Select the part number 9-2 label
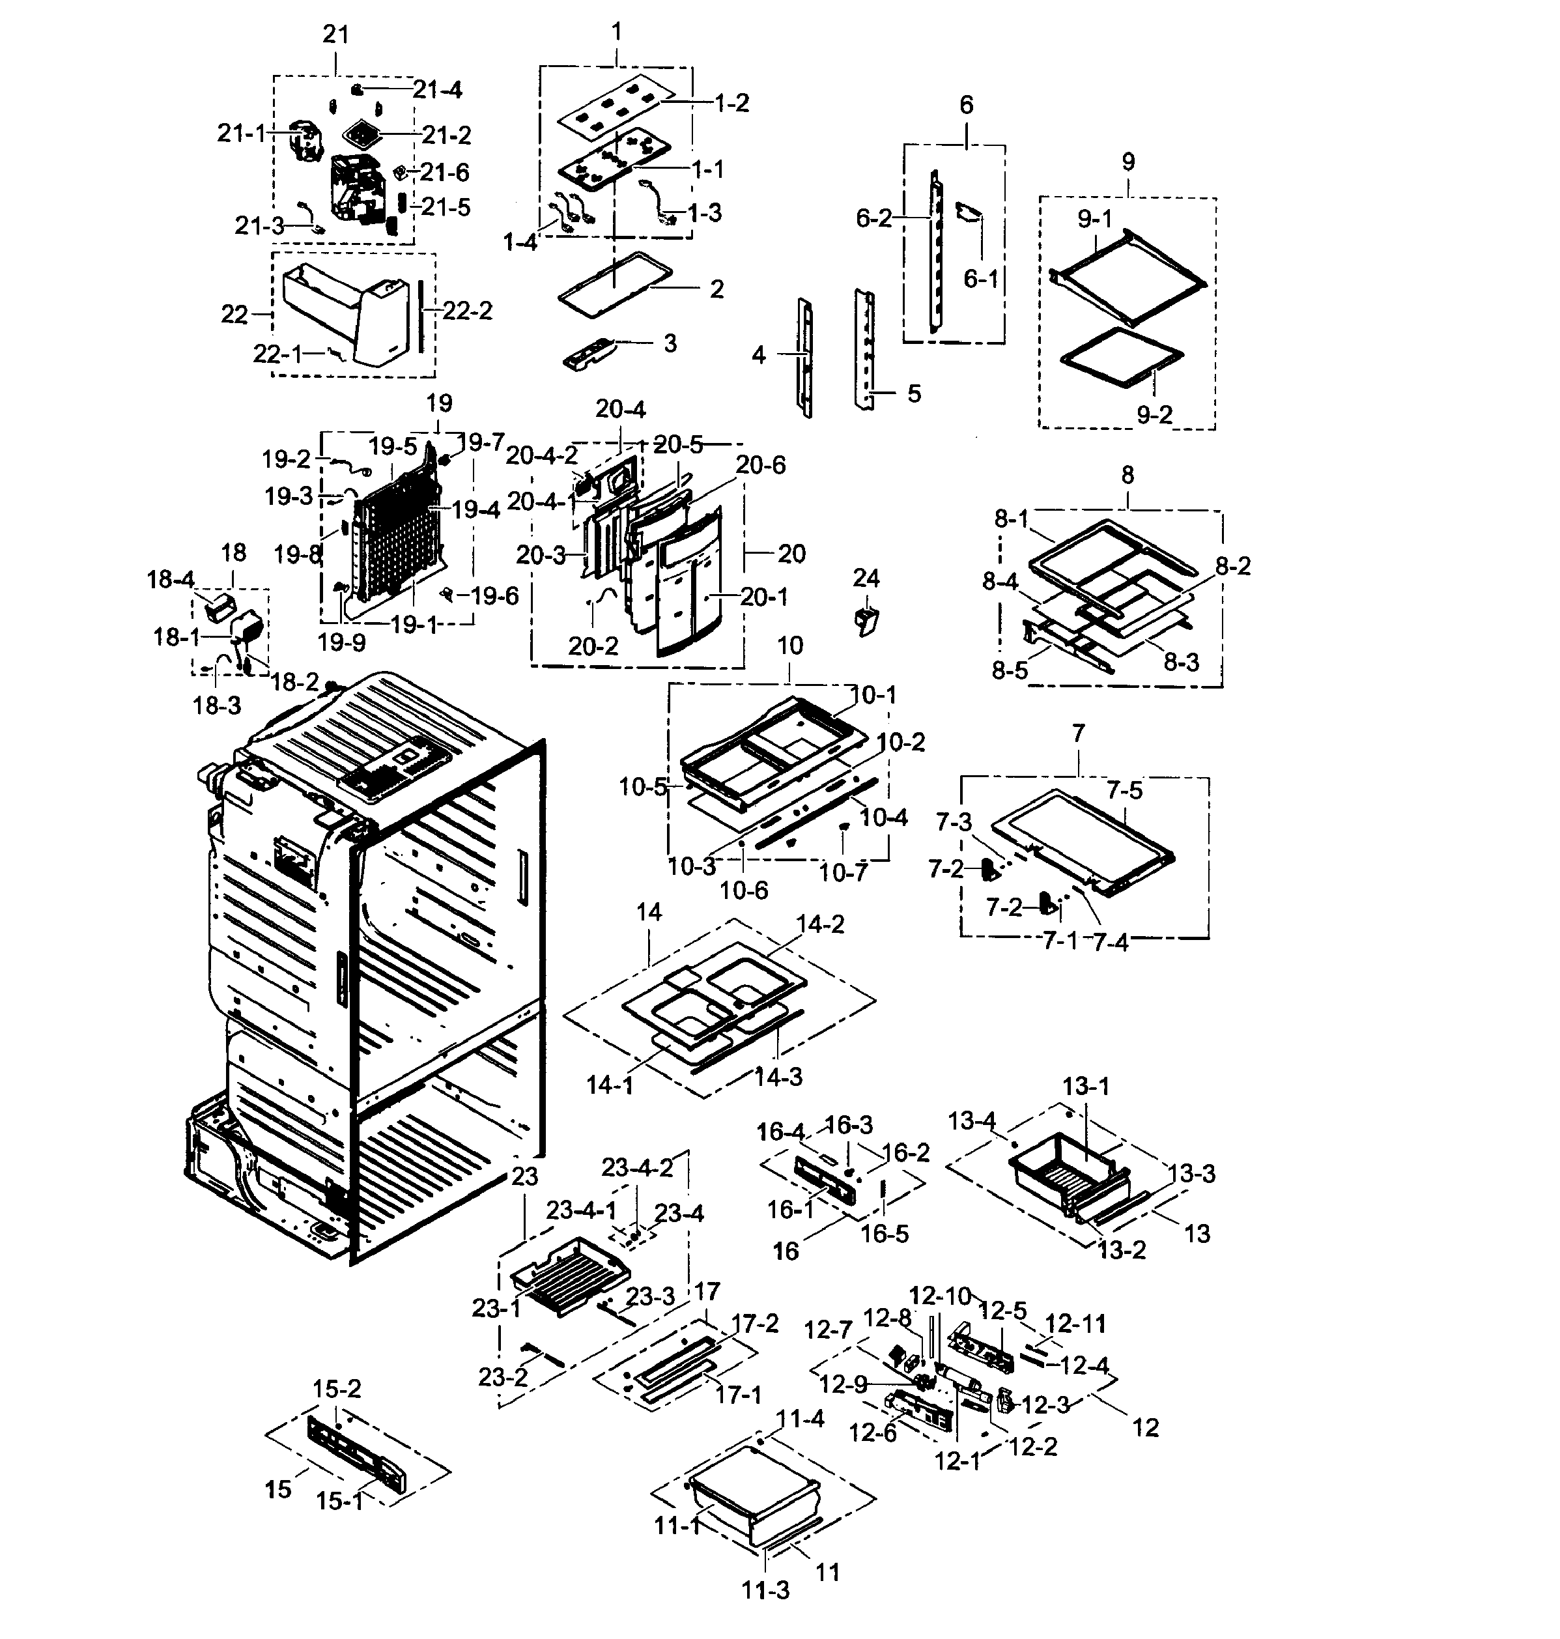1154,414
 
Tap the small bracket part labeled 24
866,620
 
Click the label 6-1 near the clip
980,279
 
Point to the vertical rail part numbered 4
805,358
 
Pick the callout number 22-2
467,311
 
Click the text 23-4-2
637,1167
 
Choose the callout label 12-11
1075,1323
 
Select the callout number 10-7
844,872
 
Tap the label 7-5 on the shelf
1124,791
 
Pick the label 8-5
1010,670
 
